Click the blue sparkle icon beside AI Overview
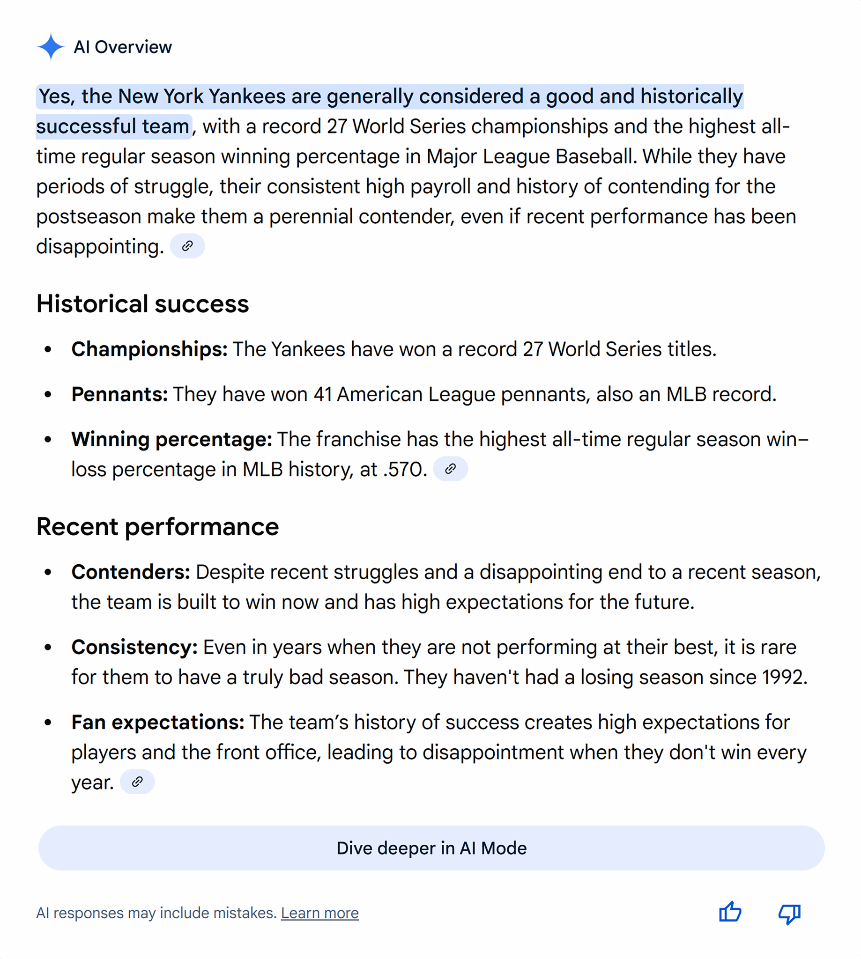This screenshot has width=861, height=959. (x=51, y=47)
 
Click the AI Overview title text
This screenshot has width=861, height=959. (x=123, y=47)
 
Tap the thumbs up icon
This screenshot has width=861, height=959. (x=730, y=912)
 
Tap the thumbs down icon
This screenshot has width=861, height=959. (x=789, y=913)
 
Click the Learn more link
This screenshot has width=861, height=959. (x=320, y=913)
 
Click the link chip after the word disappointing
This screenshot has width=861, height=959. (x=187, y=246)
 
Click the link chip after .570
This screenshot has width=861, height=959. (x=450, y=469)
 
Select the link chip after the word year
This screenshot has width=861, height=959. (x=137, y=782)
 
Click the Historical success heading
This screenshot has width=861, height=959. (x=142, y=303)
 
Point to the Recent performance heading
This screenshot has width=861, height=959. (x=157, y=526)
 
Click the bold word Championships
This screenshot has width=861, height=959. (x=149, y=349)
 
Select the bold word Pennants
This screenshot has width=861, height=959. (x=119, y=394)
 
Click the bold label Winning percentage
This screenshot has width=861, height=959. (x=171, y=439)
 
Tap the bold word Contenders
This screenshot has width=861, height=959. (x=131, y=572)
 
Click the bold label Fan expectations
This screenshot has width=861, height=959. (x=157, y=722)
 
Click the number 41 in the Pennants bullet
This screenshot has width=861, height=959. (x=322, y=394)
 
